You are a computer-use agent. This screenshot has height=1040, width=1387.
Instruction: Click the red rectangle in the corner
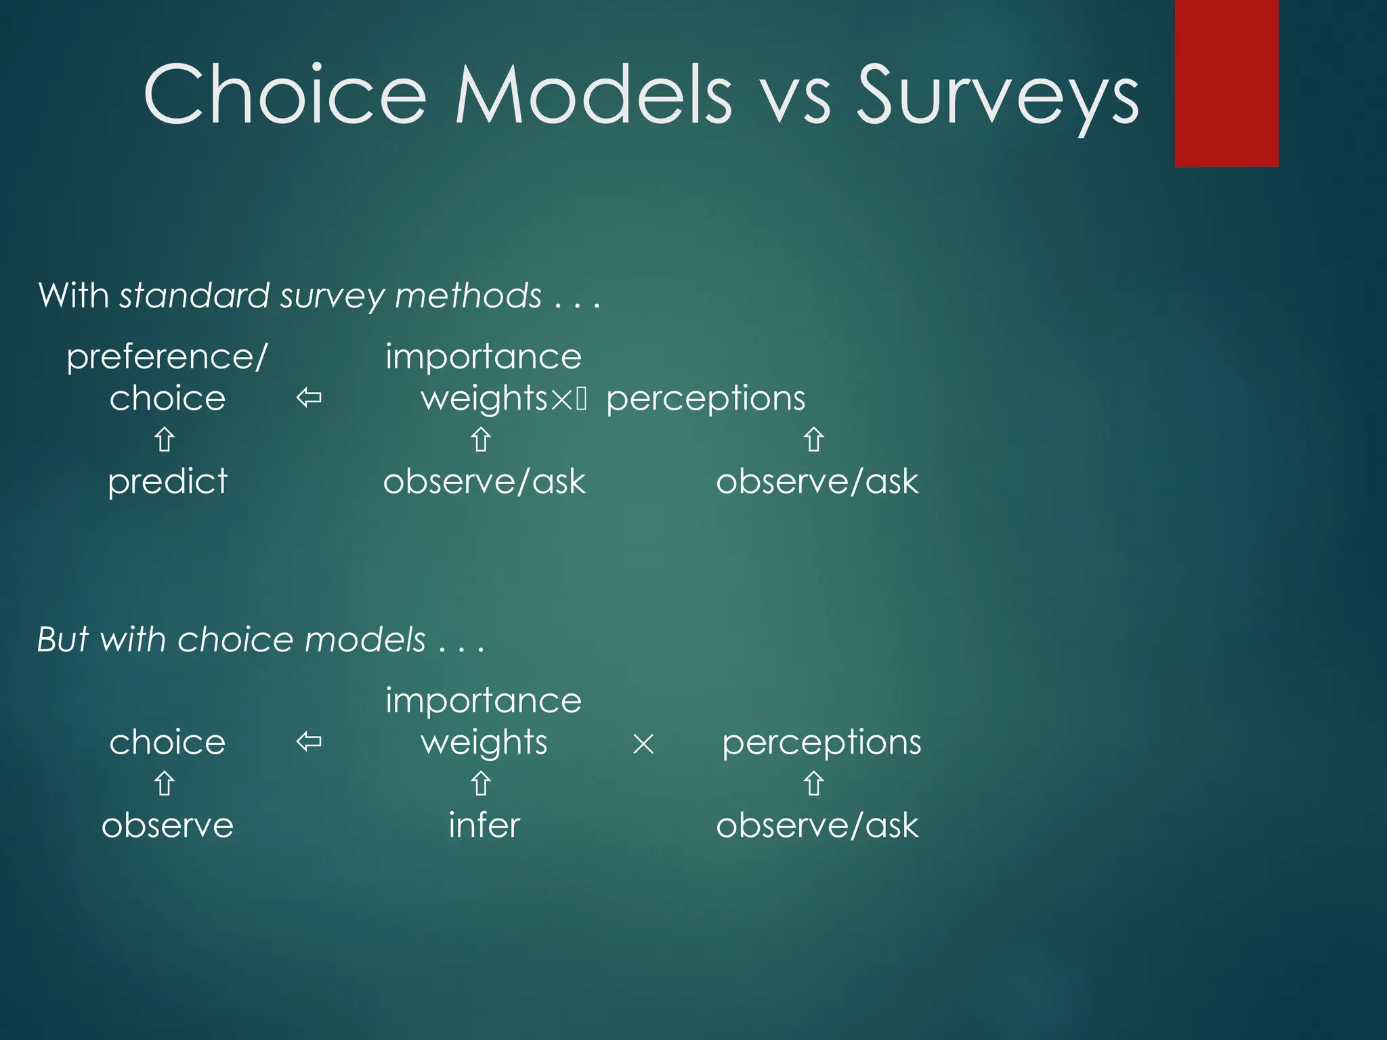coord(1226,83)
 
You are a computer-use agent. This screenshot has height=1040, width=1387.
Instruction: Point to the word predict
coord(167,482)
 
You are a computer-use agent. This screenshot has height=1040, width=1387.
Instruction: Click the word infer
coord(484,825)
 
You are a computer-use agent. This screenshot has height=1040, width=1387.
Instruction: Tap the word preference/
coord(167,357)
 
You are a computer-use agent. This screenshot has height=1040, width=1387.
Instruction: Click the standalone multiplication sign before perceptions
coord(643,745)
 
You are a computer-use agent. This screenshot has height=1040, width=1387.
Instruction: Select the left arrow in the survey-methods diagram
coord(309,398)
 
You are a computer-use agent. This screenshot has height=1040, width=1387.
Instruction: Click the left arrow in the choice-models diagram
coord(309,742)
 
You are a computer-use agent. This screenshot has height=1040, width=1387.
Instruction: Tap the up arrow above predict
coord(165,439)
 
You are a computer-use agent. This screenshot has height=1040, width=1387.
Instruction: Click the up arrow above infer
coord(481,784)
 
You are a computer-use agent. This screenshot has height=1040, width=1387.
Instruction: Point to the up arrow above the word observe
coord(165,784)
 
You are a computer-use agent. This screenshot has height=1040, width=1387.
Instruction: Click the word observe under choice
coord(167,825)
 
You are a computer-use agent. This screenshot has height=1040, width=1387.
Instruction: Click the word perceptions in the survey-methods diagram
coord(705,399)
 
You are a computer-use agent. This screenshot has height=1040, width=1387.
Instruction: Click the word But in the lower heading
coord(64,639)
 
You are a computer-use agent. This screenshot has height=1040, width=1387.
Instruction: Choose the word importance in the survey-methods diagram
coord(483,357)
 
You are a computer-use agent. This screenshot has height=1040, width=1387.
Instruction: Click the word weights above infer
coord(484,743)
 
